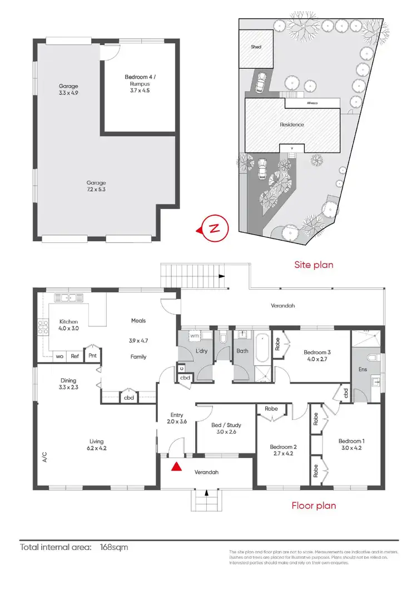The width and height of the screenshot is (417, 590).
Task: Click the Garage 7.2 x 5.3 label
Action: (x=96, y=186)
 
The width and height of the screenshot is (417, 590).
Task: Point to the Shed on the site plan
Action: (x=256, y=48)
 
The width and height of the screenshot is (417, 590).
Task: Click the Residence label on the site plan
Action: (x=292, y=125)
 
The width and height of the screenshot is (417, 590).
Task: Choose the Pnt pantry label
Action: (x=92, y=356)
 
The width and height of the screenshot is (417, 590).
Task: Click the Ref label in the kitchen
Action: (x=75, y=356)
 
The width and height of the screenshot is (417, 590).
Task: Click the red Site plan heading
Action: (x=314, y=265)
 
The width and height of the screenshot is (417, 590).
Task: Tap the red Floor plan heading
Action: (x=314, y=505)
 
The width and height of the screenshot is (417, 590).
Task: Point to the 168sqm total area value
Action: (x=114, y=547)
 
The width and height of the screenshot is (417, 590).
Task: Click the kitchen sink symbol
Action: (x=68, y=297)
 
